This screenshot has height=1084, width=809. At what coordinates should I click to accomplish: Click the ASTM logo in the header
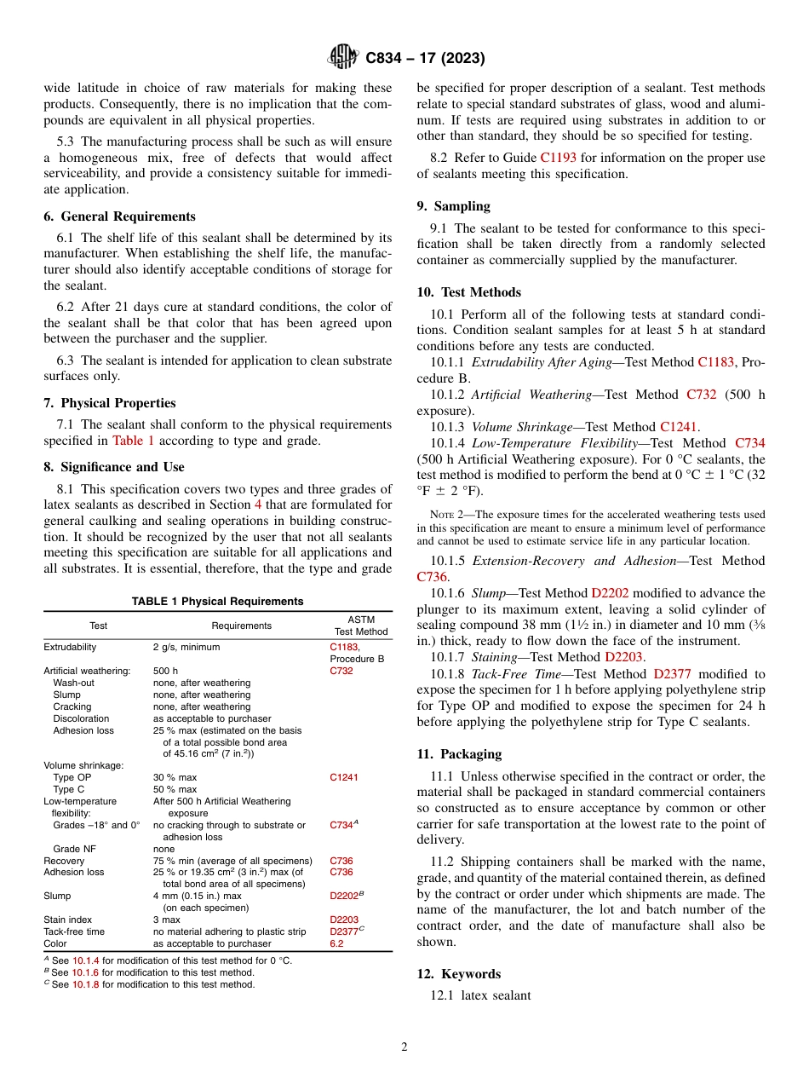click(344, 58)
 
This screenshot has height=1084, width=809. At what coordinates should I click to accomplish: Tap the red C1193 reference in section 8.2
click(557, 158)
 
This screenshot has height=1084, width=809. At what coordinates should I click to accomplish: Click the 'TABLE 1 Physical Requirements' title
click(217, 601)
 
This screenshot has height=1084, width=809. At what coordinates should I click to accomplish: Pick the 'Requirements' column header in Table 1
click(242, 626)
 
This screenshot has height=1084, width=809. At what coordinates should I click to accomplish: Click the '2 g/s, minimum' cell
click(186, 648)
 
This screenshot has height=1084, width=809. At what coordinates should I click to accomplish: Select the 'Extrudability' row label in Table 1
click(70, 648)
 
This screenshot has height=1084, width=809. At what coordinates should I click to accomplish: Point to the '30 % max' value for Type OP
click(175, 777)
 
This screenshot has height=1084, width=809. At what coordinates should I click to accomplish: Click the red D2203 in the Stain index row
click(344, 920)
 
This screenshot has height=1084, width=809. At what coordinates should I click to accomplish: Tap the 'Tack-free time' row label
click(73, 931)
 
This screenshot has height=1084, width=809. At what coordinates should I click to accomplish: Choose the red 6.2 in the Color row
click(336, 943)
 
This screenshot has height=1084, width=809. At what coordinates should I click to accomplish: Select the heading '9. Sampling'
click(453, 206)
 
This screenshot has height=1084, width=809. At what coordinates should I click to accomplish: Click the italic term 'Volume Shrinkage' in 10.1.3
click(521, 427)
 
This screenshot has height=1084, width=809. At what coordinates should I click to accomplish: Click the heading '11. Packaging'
click(459, 753)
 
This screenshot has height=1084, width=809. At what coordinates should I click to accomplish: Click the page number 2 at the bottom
click(404, 1047)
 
